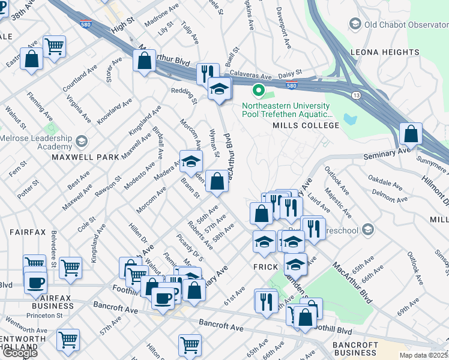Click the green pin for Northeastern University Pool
pyautogui.click(x=259, y=91)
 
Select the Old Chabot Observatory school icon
pyautogui.click(x=354, y=24)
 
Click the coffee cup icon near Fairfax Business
pyautogui.click(x=35, y=282)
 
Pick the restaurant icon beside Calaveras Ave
pyautogui.click(x=207, y=73)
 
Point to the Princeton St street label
pyautogui.click(x=43, y=315)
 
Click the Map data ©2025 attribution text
pyautogui.click(x=423, y=355)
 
